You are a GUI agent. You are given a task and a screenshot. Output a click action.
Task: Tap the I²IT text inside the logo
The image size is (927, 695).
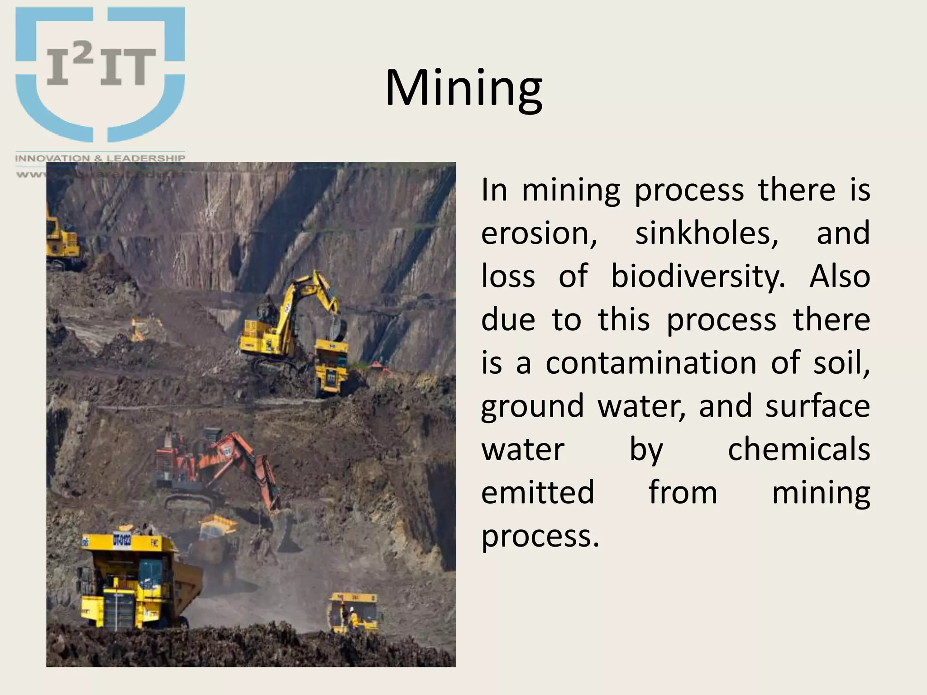tap(101, 67)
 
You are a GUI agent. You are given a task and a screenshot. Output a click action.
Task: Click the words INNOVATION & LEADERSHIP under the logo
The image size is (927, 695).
tap(100, 158)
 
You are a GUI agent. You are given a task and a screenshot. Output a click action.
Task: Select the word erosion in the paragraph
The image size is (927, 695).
tap(539, 233)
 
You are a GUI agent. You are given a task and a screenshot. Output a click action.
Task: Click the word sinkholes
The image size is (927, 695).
tap(707, 233)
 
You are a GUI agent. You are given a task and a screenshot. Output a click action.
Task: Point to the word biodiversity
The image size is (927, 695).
tap(698, 276)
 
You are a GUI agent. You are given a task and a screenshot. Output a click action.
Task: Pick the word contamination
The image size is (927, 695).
tap(651, 363)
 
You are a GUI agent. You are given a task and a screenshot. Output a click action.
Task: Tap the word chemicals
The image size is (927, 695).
tap(799, 449)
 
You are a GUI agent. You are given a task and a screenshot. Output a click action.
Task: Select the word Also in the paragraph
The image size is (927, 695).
tap(840, 276)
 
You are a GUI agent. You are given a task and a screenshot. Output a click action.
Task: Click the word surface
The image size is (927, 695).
tap(817, 406)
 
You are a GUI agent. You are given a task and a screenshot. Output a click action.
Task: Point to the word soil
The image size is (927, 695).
tap(841, 363)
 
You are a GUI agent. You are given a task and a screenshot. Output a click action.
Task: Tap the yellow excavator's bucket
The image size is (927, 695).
tap(337, 328)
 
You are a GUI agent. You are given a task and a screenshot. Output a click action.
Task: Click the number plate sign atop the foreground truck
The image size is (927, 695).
tap(122, 540)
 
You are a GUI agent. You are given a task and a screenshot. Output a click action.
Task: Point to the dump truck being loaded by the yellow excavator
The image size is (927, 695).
tap(332, 367)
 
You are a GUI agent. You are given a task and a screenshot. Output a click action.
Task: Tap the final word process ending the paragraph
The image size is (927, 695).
tap(540, 537)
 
